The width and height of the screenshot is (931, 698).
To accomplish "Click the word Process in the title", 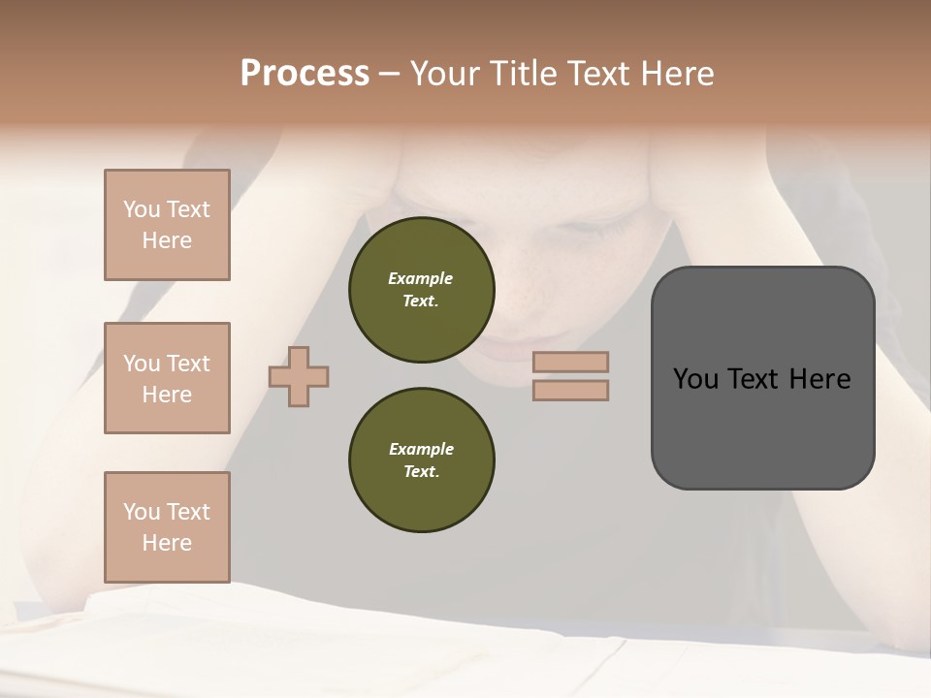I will coord(305,74).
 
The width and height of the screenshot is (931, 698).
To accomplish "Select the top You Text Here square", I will coord(167,225).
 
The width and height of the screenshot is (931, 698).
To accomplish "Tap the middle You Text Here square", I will coord(167,378).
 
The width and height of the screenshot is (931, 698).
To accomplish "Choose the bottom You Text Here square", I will coord(167,527).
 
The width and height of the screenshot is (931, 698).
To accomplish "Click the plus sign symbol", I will coord(299,376).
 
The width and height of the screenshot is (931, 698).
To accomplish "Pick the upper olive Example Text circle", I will coord(421,290).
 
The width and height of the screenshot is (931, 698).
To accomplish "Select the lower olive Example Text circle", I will coord(421,460).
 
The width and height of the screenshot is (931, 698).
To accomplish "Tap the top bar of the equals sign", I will coord(571,363).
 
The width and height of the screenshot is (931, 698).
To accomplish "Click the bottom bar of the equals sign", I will coord(571,390).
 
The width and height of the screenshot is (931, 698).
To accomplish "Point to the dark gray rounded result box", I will coord(762,427).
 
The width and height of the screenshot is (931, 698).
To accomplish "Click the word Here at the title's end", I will coord(677,74).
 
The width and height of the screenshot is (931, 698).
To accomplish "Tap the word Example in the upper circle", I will coord(421,278).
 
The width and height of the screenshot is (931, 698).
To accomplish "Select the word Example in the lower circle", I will coord(421,449).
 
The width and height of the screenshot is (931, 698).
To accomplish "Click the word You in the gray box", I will coord(695,379).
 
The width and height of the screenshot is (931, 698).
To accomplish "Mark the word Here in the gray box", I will coord(819,379).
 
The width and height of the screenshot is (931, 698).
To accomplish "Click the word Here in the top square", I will coord(167,240).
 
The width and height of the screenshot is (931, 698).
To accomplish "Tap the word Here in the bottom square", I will coord(167,543).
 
